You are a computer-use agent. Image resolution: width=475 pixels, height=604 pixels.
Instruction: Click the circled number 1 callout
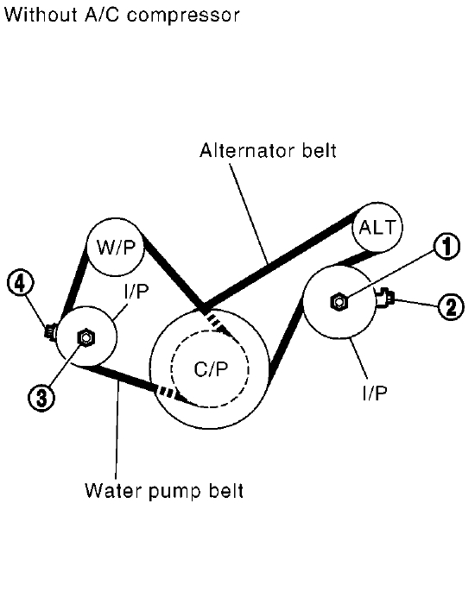[x=446, y=246]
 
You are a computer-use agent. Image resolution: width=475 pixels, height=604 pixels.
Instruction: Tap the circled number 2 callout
[x=451, y=306]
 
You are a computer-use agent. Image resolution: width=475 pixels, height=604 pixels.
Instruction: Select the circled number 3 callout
[x=41, y=397]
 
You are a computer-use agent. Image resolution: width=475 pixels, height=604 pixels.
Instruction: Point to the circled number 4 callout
[x=20, y=284]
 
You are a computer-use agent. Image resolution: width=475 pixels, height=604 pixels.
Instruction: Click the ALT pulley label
[x=377, y=227]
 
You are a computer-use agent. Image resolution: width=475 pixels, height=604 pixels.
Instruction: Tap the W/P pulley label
[x=116, y=247]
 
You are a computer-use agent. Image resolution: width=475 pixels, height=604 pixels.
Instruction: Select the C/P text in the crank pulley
[x=211, y=369]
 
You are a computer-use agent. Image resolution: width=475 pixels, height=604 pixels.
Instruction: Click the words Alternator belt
[x=268, y=150]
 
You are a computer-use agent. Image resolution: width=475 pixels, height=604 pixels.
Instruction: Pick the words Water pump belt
[x=164, y=491]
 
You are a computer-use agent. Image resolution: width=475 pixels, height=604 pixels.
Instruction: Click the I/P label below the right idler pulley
[x=375, y=393]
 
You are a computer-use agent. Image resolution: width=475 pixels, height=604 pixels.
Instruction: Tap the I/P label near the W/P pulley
[x=136, y=292]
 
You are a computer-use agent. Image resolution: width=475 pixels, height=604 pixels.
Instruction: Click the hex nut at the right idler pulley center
[x=339, y=302]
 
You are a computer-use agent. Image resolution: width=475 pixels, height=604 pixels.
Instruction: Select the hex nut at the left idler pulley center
[x=86, y=338]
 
